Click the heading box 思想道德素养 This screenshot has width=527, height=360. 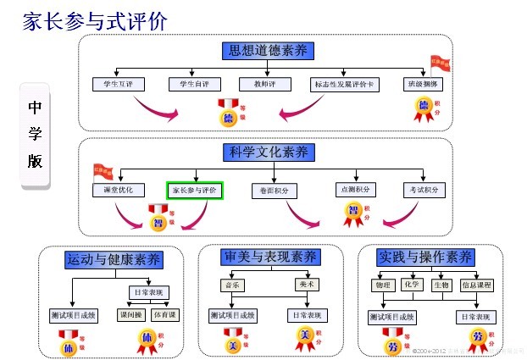268,51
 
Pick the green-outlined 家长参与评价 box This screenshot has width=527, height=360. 195,191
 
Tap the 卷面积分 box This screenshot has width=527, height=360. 275,191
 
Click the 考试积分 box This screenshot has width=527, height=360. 424,190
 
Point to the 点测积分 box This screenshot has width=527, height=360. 354,190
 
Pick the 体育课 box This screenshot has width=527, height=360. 165,315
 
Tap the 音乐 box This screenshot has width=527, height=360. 231,285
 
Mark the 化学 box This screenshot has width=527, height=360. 413,285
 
